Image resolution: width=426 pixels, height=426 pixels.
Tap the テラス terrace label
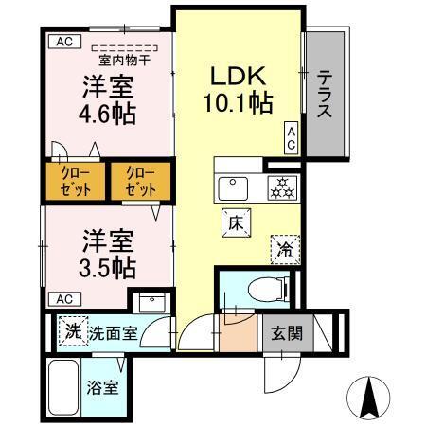click(x=323, y=95)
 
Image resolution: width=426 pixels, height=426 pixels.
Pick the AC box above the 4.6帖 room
click(x=62, y=41)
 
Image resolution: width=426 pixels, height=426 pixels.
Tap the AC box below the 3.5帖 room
click(x=62, y=299)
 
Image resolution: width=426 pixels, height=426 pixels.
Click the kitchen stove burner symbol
click(x=281, y=186)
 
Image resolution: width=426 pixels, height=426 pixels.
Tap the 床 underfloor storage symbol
click(x=236, y=222)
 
